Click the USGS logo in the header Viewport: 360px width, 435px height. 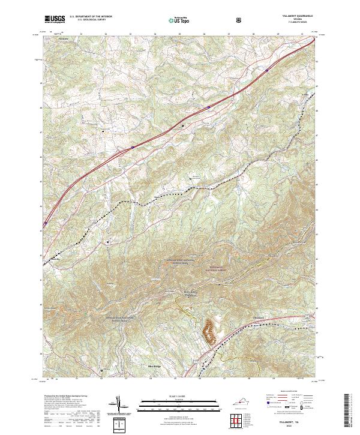pyautogui.click(x=55, y=19)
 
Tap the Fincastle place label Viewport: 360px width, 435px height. pyautogui.click(x=63, y=40)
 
